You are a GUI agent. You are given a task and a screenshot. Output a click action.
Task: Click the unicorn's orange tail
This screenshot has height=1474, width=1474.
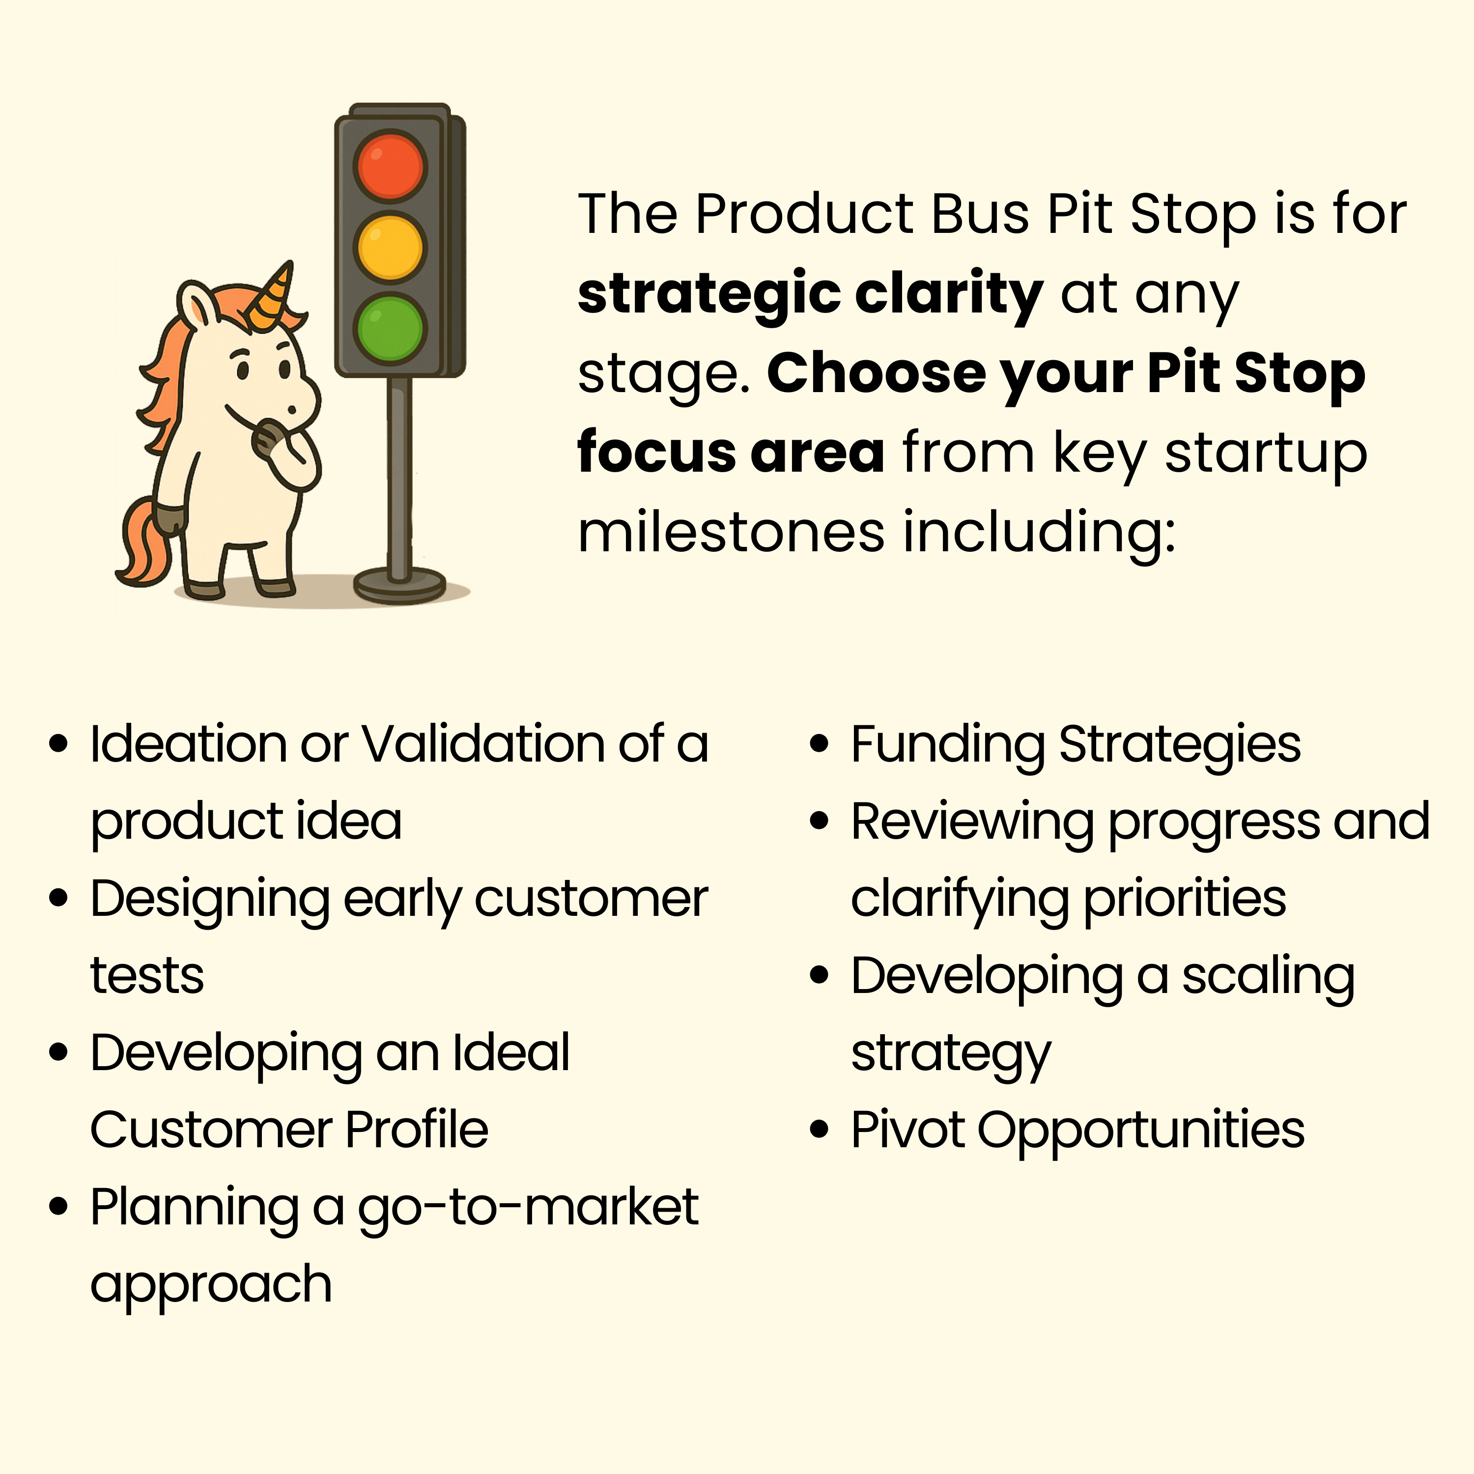coord(145,540)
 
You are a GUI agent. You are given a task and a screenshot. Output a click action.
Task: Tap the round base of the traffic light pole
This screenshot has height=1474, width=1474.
coord(399,584)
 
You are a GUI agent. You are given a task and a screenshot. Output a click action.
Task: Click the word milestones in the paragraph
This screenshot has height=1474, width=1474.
coord(731,533)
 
